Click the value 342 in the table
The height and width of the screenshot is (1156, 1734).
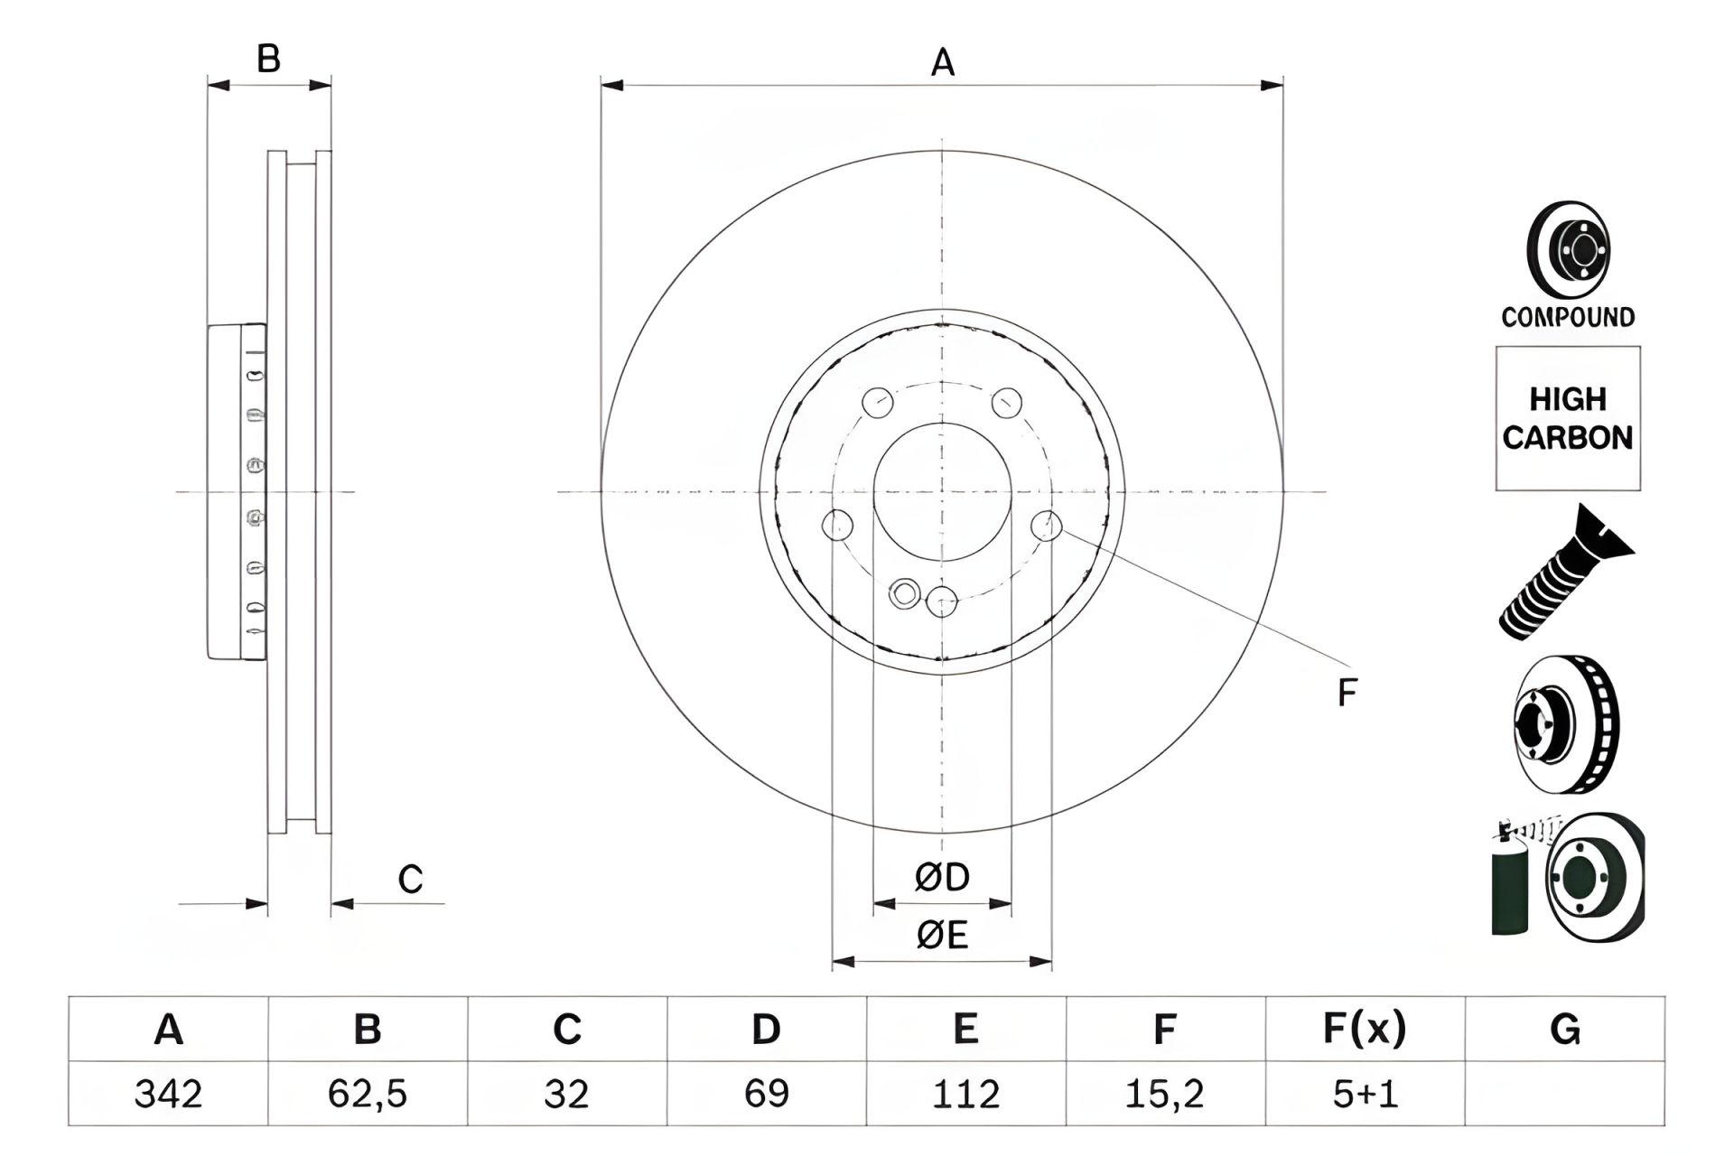[x=168, y=1095]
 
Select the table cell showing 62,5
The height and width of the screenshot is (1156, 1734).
[x=368, y=1095]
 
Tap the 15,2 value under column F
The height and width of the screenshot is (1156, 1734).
[x=1164, y=1095]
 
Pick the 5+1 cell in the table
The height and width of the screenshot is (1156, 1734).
[x=1365, y=1095]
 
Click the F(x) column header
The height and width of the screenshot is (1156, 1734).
[x=1365, y=1029]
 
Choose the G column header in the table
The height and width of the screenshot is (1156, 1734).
[x=1565, y=1029]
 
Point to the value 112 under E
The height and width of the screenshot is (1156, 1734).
[x=965, y=1095]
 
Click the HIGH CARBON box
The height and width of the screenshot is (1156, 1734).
[x=1568, y=418]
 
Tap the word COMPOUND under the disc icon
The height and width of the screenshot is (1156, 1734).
[x=1568, y=317]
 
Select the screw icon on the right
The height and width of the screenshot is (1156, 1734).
[x=1564, y=574]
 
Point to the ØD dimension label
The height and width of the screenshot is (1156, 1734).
[x=942, y=877]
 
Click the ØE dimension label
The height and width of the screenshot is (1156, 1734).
[x=942, y=936]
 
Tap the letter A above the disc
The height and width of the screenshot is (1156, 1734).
[x=942, y=63]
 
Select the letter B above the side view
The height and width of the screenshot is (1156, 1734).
[x=268, y=60]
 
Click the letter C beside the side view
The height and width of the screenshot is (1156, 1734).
[x=410, y=879]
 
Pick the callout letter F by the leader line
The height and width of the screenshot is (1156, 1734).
[x=1347, y=694]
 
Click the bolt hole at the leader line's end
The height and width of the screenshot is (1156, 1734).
[x=1046, y=524]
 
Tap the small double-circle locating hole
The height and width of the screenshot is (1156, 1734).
[x=904, y=593]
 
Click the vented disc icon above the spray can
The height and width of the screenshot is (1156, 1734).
[x=1567, y=725]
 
